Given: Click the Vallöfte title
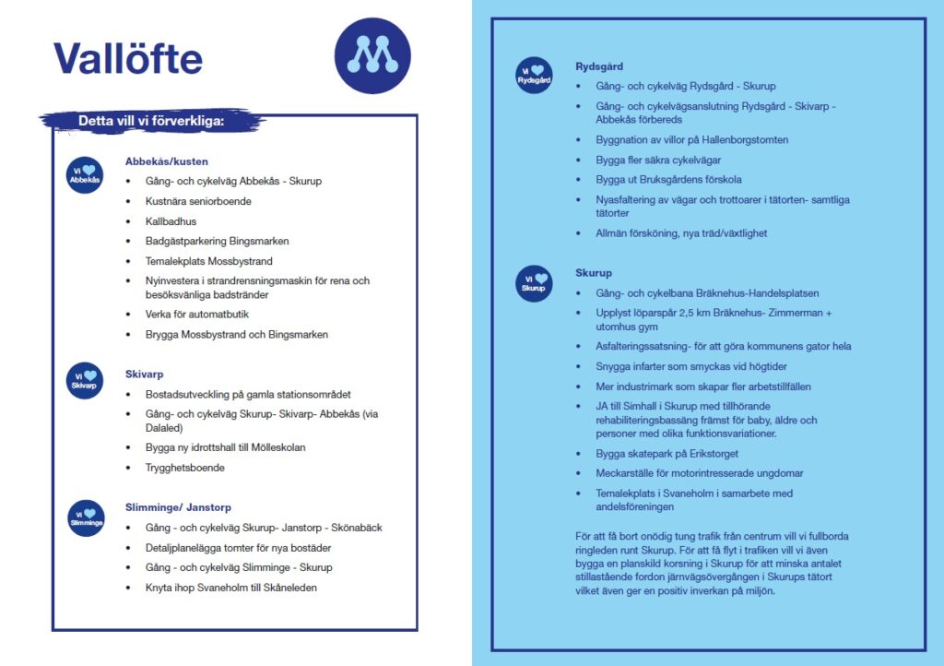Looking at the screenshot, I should (x=128, y=59).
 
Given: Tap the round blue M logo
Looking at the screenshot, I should (x=372, y=56).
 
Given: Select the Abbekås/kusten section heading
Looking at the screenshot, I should (x=167, y=161).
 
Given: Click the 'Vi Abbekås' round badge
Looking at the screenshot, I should (x=85, y=175).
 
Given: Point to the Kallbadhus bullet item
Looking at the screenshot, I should (x=171, y=221).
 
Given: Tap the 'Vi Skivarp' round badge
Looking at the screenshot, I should (x=85, y=380).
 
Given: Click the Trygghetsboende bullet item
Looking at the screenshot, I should (x=184, y=468).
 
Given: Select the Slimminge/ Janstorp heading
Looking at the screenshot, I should (x=178, y=507).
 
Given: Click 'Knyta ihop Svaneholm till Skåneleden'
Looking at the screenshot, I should (x=230, y=588).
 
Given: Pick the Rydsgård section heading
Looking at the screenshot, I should (x=599, y=66).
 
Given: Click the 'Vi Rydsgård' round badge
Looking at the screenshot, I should (x=535, y=76).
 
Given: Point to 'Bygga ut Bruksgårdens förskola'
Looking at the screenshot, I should (x=668, y=180).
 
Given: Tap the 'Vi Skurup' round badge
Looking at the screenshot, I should (x=535, y=283).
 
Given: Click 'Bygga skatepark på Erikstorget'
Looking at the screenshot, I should (x=667, y=454).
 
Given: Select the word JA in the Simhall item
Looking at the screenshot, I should (x=603, y=407).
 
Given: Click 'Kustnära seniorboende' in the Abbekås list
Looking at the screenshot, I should (x=198, y=201).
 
